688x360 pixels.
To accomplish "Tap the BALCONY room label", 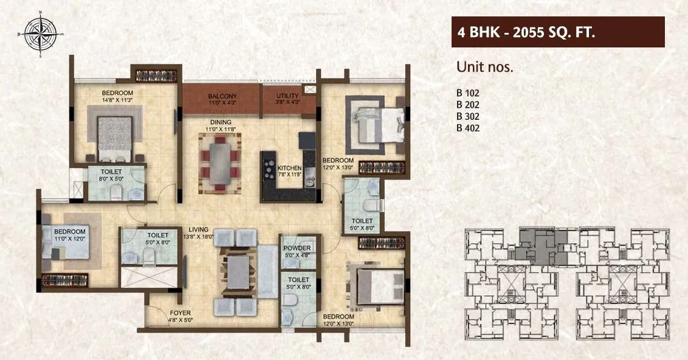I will pyautogui.click(x=222, y=97).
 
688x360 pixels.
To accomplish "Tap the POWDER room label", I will pyautogui.click(x=297, y=248).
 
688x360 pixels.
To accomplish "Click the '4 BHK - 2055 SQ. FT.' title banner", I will pyautogui.click(x=557, y=32).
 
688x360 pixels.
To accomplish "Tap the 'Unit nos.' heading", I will pyautogui.click(x=485, y=67).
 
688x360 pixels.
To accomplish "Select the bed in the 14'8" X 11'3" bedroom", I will pyautogui.click(x=115, y=132).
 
